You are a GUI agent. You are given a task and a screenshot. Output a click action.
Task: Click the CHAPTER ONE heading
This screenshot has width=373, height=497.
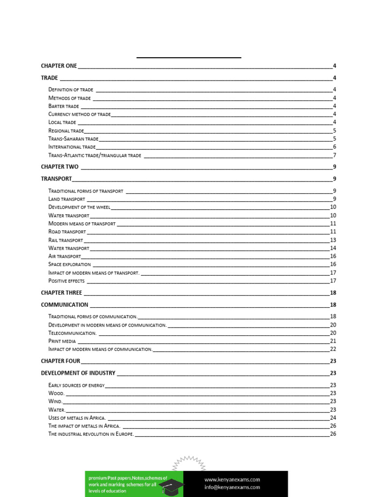point(59,66)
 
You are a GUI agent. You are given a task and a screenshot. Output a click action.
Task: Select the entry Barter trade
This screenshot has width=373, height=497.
point(64,106)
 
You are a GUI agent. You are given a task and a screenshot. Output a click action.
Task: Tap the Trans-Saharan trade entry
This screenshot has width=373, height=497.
point(73,139)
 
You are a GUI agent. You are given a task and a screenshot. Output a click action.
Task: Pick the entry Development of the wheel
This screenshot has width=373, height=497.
point(80,207)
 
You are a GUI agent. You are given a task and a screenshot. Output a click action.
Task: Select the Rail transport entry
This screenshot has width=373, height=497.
point(66,240)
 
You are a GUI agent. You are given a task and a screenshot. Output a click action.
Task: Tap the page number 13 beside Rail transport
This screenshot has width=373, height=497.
point(333,240)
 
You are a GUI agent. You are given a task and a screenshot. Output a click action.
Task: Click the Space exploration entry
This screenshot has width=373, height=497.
point(69,265)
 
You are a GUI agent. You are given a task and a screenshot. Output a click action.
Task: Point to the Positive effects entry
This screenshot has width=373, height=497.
point(67,281)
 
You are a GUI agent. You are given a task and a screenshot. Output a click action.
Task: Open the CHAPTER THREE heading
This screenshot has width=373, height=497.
point(62,293)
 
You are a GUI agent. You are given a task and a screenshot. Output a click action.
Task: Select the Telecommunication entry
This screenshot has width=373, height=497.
point(72,333)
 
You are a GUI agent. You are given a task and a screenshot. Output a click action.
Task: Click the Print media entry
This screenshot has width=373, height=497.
point(62,341)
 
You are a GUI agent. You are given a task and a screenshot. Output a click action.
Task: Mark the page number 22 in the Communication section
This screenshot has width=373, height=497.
point(333,349)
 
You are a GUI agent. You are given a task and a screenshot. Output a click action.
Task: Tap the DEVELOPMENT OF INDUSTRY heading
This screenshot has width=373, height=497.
point(78,373)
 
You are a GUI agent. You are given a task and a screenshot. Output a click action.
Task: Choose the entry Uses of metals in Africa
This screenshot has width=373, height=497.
point(77,418)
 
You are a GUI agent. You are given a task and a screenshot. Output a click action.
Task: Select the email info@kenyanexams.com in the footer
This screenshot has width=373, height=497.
point(232,487)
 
